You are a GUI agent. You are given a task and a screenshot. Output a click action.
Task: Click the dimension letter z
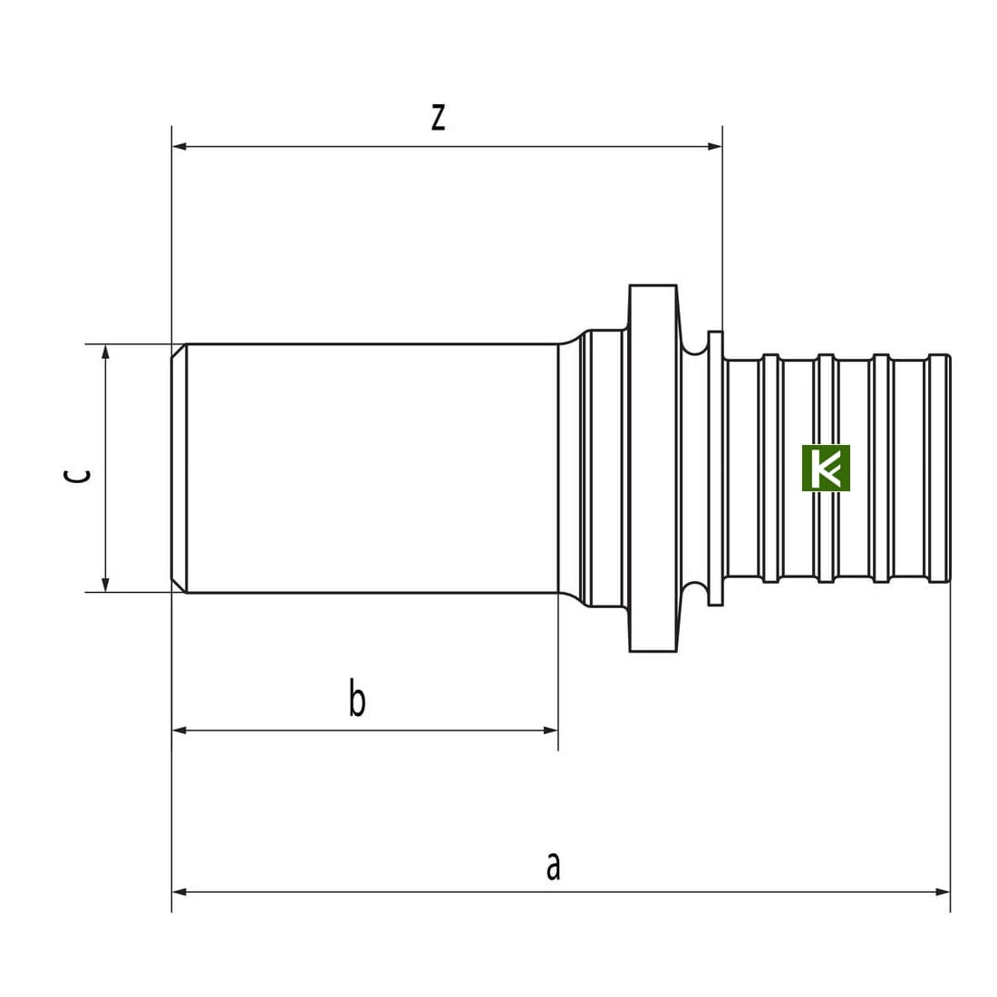(438, 117)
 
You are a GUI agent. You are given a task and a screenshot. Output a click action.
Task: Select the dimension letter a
(553, 866)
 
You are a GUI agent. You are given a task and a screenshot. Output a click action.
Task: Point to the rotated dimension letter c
(78, 475)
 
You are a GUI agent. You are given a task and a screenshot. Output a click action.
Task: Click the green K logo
(826, 468)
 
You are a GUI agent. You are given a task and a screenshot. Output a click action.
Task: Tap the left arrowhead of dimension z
(179, 146)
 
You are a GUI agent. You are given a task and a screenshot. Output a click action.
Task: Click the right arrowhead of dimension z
(715, 146)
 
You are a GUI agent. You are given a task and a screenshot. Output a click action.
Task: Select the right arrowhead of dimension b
(551, 730)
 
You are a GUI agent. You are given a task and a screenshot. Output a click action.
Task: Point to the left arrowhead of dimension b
(179, 730)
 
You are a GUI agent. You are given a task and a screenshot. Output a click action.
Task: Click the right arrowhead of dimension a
(943, 892)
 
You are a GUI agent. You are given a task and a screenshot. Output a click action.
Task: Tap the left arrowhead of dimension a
(179, 892)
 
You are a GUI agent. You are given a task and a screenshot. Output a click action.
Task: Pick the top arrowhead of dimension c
(105, 352)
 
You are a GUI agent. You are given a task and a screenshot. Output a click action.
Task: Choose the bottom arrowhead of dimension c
(105, 585)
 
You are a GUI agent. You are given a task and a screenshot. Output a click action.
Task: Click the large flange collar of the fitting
(653, 468)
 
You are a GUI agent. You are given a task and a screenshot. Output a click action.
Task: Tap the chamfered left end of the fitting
(179, 468)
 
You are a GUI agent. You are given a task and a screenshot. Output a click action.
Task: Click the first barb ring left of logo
(770, 468)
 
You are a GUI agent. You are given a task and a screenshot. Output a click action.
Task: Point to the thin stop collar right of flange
(715, 468)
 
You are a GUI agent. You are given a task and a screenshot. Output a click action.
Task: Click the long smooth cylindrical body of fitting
(373, 468)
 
